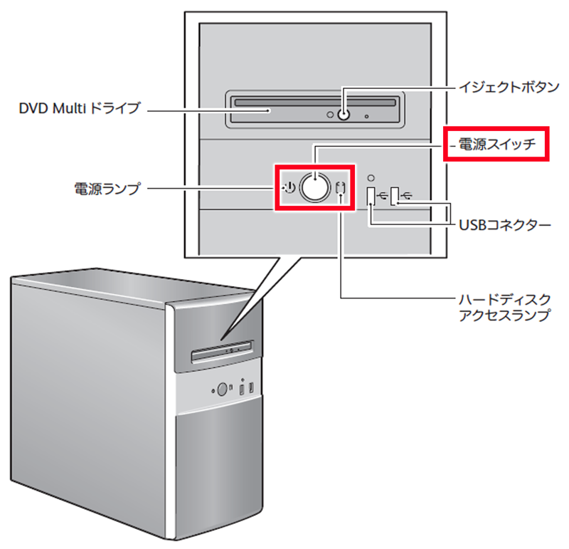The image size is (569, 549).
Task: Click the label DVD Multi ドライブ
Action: coord(80,110)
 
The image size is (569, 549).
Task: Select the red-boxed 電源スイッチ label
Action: coord(497,145)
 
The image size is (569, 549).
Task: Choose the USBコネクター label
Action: coord(503,226)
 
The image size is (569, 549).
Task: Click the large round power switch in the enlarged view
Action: coord(314,187)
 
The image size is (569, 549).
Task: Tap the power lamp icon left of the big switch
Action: coord(287,188)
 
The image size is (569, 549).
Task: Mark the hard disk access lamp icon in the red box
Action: coord(341,190)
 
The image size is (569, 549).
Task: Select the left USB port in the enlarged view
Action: coord(371,197)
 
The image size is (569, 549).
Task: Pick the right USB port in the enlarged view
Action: coord(395,194)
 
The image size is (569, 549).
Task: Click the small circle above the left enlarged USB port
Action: coord(371,175)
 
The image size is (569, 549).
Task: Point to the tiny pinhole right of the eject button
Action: coord(367,114)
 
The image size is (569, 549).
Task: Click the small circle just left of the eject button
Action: coord(329,114)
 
